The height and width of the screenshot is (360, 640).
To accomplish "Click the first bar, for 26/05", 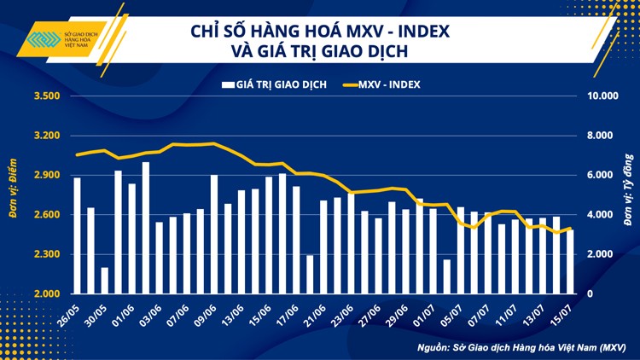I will (78, 235).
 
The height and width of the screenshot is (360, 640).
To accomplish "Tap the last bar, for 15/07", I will (570, 261).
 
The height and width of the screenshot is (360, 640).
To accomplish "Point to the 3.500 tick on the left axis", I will (45, 96).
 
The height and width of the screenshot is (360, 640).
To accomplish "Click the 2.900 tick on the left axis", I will (45, 176).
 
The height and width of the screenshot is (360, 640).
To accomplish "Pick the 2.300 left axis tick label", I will (45, 255).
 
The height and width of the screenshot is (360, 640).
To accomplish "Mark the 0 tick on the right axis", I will (589, 294).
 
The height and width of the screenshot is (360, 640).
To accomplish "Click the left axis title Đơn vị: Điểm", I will (15, 195).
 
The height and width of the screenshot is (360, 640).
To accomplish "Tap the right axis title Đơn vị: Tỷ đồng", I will (627, 195).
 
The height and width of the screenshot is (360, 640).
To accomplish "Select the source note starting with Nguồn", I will (521, 347).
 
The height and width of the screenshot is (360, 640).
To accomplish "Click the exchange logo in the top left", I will (64, 41).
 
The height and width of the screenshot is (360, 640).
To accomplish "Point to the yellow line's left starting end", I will (78, 154).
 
